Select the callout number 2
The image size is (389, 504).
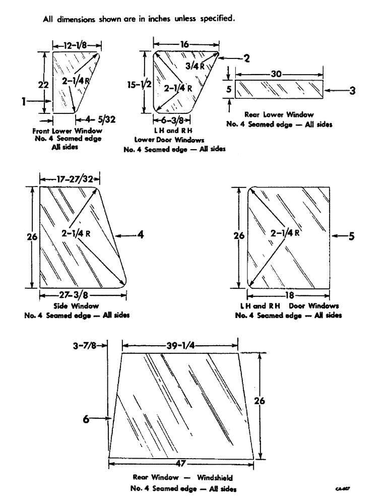pyautogui.click(x=246, y=58)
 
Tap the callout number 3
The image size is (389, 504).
pyautogui.click(x=353, y=91)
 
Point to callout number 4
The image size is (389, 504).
pyautogui.click(x=142, y=234)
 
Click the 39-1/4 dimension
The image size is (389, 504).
pyautogui.click(x=179, y=346)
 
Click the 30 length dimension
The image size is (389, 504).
pyautogui.click(x=275, y=74)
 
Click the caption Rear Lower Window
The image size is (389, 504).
pyautogui.click(x=279, y=114)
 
